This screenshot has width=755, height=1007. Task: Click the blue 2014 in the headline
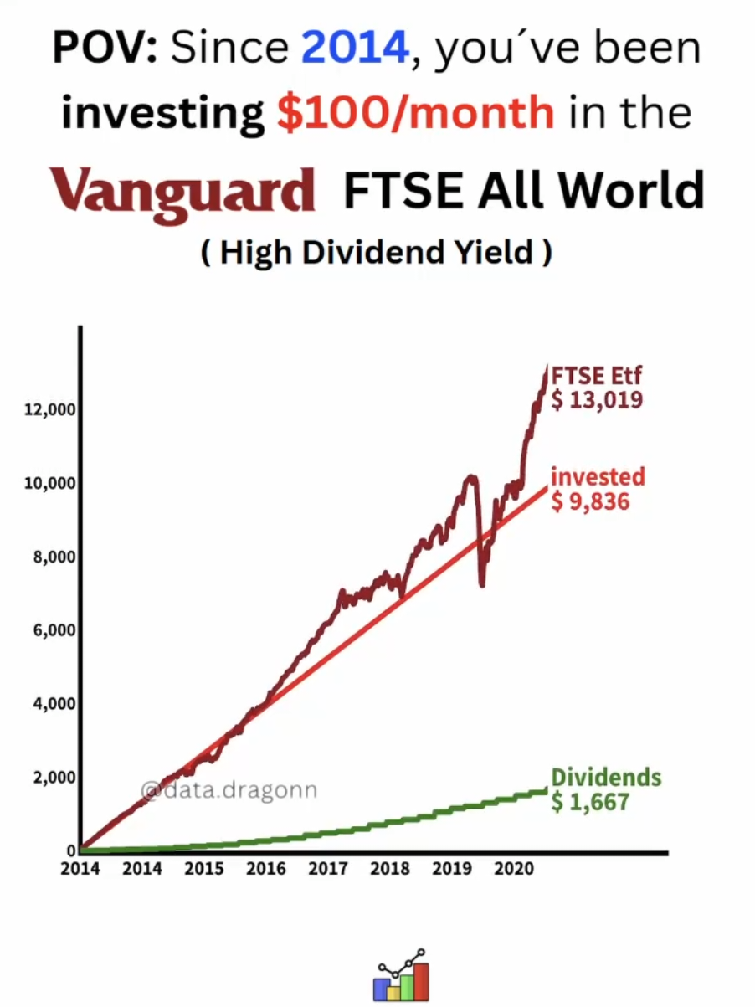pos(356,50)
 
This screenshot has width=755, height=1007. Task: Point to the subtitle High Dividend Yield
pos(376,252)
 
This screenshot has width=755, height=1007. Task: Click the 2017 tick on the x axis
pos(328,869)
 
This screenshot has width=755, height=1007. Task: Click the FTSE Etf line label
pos(596,377)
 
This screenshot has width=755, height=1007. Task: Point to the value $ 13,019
pos(598,400)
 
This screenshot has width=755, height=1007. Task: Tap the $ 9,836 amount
pos(591,501)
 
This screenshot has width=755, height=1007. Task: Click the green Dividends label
pos(606,778)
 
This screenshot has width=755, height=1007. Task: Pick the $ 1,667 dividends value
pos(591,802)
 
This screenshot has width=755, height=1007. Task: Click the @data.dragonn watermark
pos(229,789)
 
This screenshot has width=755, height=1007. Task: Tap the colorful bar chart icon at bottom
pos(400,977)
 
